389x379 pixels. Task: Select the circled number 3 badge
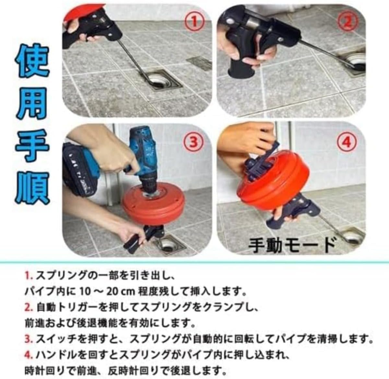193,141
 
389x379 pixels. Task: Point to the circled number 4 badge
347,141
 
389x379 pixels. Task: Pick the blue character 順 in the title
32,187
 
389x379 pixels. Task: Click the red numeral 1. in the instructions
29,276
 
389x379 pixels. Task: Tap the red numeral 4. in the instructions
29,354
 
